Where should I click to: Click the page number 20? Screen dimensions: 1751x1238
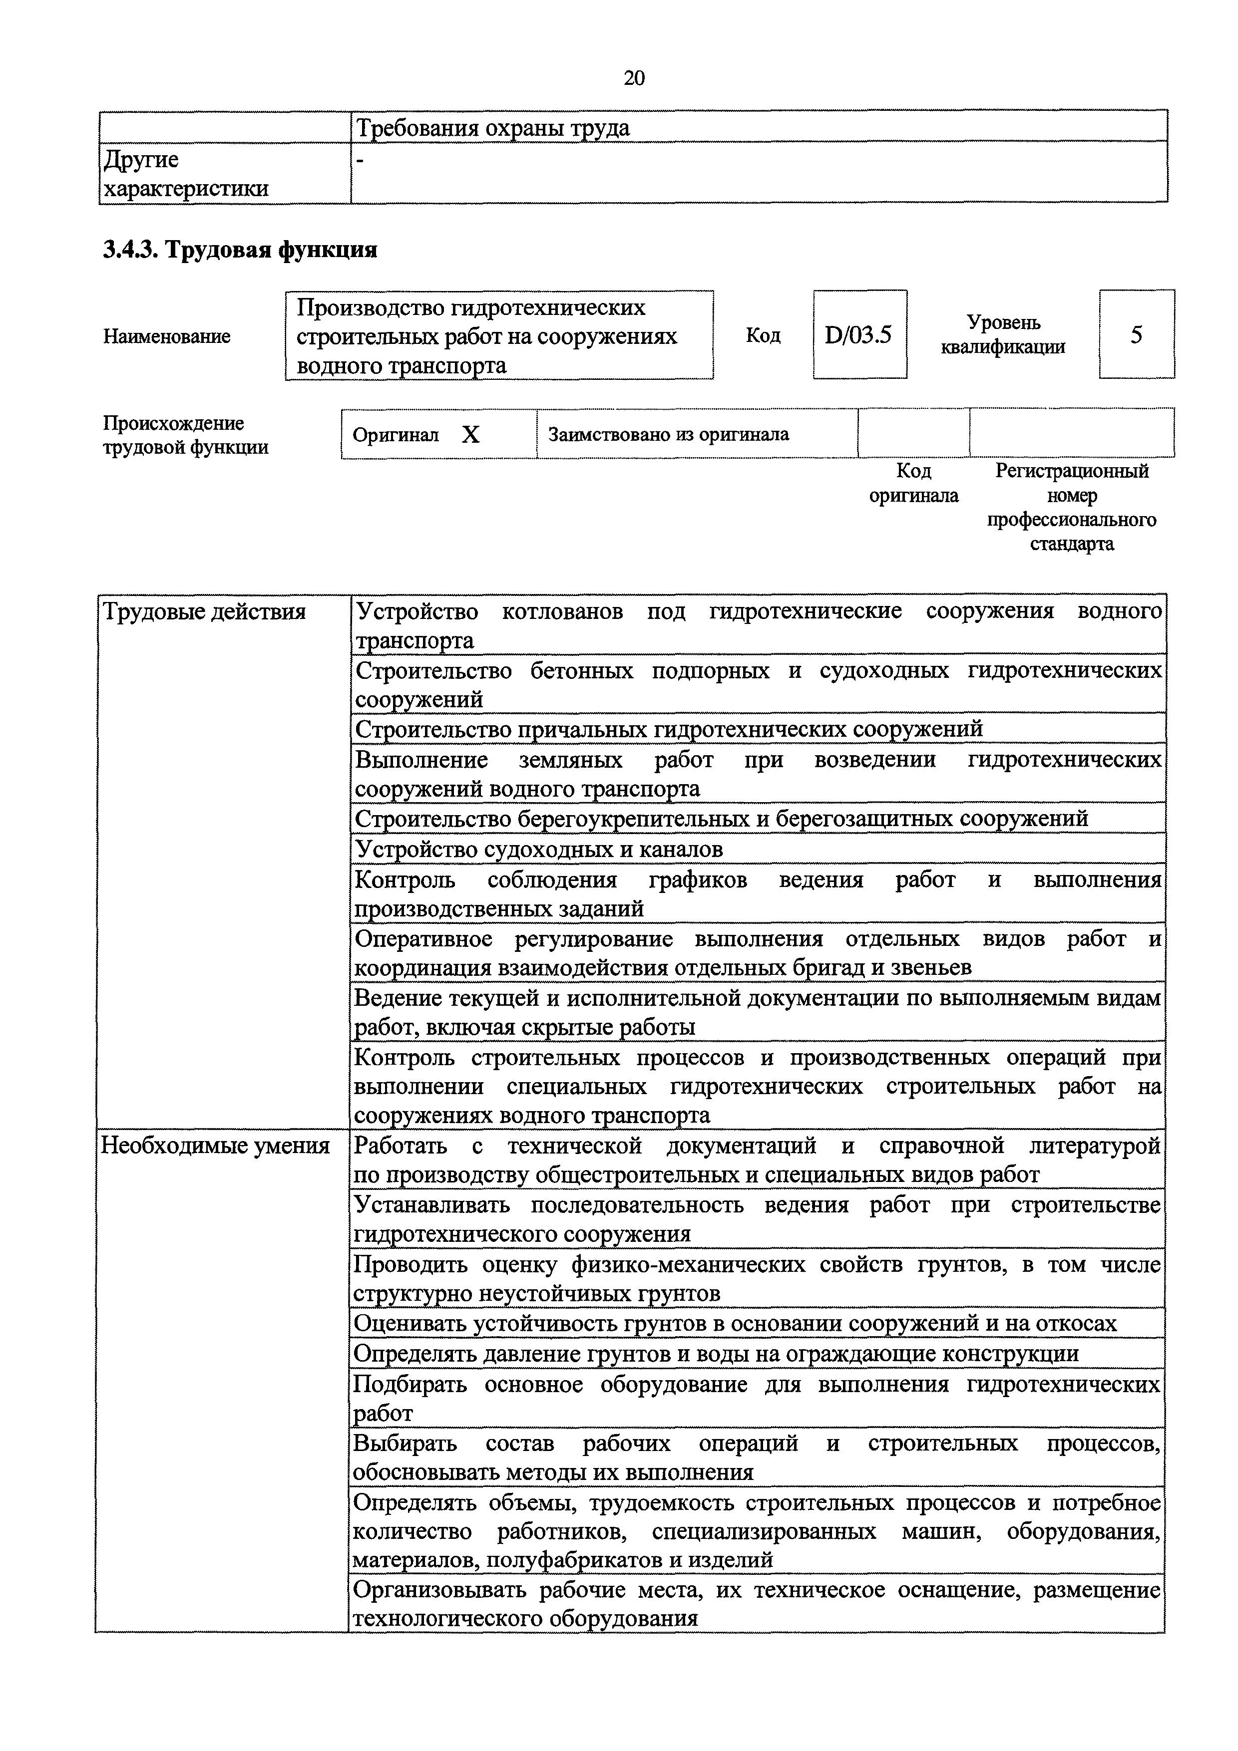(x=634, y=78)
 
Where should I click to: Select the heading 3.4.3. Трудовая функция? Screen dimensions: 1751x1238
(x=240, y=250)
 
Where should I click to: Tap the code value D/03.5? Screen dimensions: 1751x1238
(x=859, y=335)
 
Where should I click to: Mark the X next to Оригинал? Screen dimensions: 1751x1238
(x=470, y=435)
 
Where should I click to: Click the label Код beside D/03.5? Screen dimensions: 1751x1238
(x=763, y=335)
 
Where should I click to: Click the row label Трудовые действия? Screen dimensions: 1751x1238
(x=204, y=611)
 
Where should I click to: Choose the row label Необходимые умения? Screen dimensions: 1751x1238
(x=216, y=1146)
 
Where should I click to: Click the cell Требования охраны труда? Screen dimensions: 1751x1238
(x=493, y=127)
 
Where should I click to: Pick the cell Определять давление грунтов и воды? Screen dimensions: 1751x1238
(x=716, y=1354)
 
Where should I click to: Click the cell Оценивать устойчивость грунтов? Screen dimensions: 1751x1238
(x=735, y=1323)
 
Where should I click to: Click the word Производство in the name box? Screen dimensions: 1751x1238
(x=369, y=307)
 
